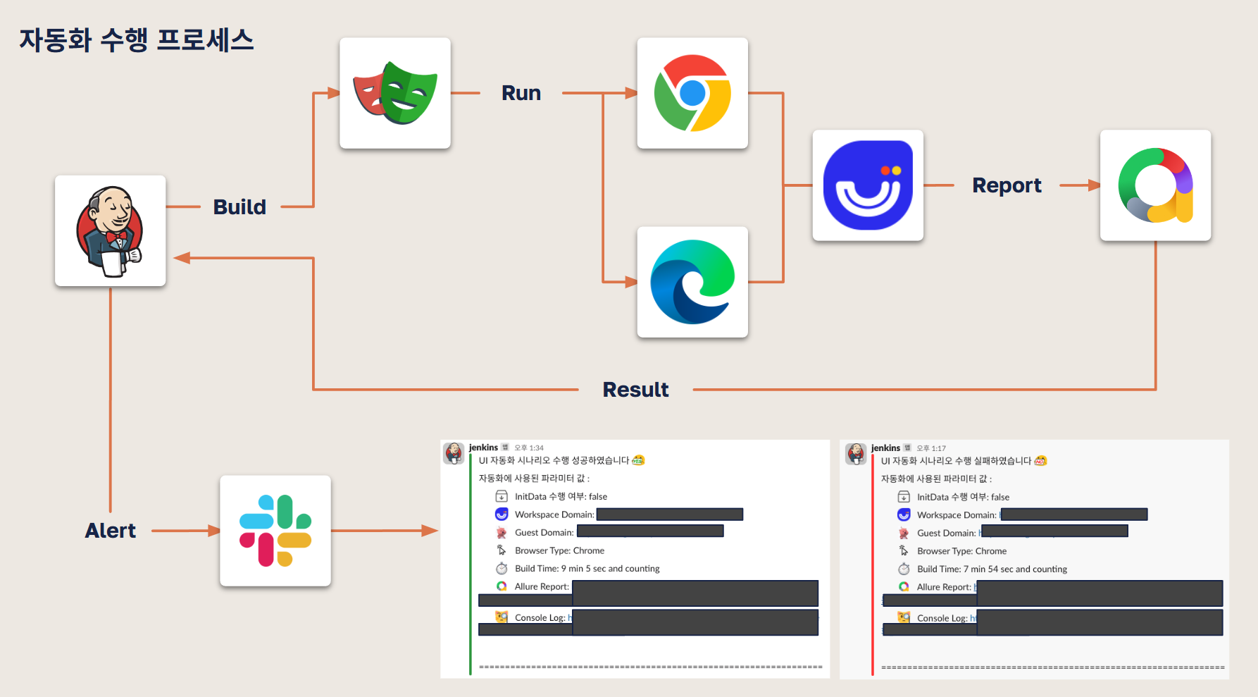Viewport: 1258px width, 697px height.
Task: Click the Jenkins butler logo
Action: coord(110,231)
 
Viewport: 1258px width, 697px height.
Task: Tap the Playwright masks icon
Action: coord(394,93)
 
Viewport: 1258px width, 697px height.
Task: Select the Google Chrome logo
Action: coord(692,93)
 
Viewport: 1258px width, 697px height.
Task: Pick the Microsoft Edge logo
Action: coord(692,282)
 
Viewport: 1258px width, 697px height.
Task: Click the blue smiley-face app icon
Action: coord(868,185)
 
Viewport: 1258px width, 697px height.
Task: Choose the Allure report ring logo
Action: coord(1155,185)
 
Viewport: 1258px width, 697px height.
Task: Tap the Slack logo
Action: coord(275,531)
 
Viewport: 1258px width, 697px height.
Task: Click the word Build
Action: coord(239,207)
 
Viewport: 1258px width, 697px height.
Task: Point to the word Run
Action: coord(521,93)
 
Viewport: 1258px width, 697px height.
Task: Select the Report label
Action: coord(1007,185)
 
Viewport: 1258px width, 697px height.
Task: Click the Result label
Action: coord(635,390)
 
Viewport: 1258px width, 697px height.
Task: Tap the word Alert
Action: coord(111,531)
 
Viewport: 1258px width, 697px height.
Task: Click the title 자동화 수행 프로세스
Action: coord(137,40)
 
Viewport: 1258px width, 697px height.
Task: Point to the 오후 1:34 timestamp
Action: coord(529,448)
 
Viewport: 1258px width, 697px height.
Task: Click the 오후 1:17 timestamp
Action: coord(931,448)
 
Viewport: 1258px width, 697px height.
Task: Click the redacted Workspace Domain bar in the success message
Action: coord(669,514)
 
